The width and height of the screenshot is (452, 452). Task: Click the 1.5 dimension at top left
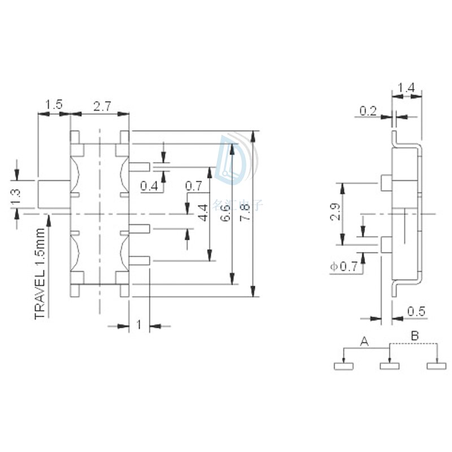pos(54,105)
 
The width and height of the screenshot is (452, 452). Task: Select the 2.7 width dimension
pos(102,105)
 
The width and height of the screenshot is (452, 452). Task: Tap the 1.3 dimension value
pos(16,195)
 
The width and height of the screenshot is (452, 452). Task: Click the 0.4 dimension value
pos(149,185)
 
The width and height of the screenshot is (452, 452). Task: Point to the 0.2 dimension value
pos(368,111)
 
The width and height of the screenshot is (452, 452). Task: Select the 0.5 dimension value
pos(416,311)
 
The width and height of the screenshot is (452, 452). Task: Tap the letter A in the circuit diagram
pos(364,341)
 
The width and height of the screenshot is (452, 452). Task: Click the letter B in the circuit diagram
pos(415,336)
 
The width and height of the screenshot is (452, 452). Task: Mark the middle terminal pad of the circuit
pos(389,366)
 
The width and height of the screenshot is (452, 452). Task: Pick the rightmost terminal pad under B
pos(436,366)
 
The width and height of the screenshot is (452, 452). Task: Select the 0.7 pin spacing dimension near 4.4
pos(193,185)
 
